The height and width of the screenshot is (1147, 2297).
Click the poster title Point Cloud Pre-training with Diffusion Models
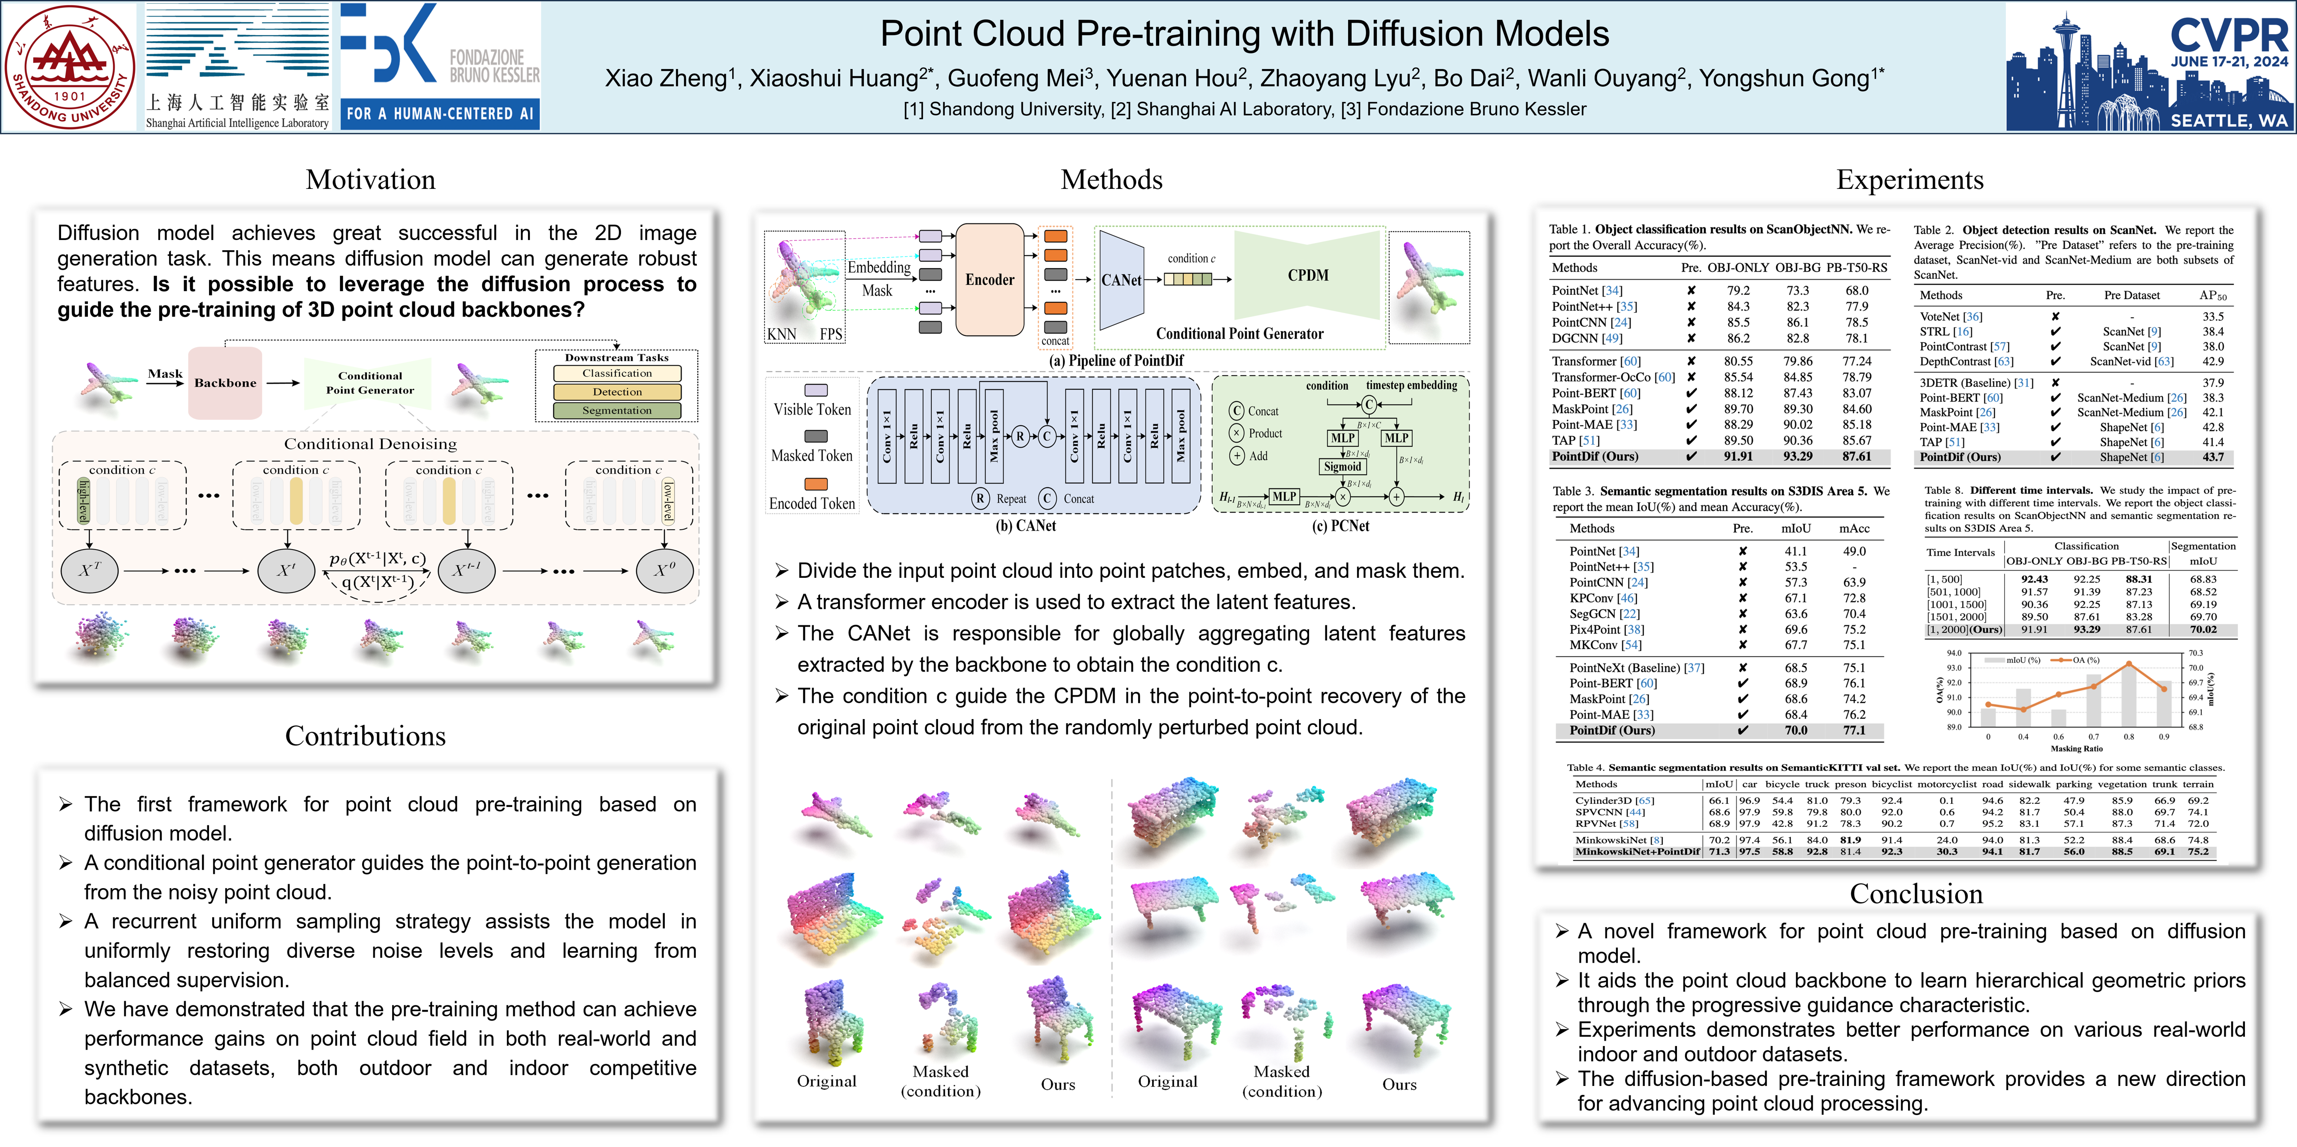[x=1244, y=34]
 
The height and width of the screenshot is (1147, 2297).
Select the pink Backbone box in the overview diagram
[x=225, y=383]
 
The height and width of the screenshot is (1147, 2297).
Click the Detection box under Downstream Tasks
[x=617, y=392]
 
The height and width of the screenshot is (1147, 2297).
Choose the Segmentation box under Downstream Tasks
[x=617, y=410]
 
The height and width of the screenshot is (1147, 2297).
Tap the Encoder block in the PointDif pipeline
[x=990, y=279]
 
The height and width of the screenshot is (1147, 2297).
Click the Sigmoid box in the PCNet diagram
[x=1342, y=467]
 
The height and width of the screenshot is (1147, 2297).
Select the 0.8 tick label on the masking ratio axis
[x=2128, y=737]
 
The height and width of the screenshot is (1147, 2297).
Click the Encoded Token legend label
[x=812, y=503]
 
